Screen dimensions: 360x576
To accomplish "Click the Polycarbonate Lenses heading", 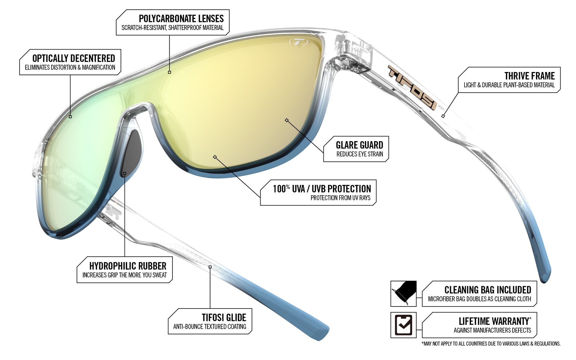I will pyautogui.click(x=181, y=19).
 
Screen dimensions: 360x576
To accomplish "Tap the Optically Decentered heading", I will pyautogui.click(x=74, y=58).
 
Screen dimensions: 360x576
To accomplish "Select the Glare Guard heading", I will pyautogui.click(x=359, y=145).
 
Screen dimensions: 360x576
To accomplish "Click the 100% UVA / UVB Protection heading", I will pyautogui.click(x=322, y=189).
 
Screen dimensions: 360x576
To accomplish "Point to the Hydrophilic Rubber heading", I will pyautogui.click(x=128, y=266).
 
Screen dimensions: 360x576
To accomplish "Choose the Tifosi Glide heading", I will pyautogui.click(x=224, y=317).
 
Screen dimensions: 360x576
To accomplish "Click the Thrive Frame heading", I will pyautogui.click(x=530, y=76).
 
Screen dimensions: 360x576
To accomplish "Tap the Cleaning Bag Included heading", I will pyautogui.click(x=487, y=290).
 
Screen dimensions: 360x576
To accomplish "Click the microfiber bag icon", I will pyautogui.click(x=404, y=293).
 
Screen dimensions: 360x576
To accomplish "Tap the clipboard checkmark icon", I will pyautogui.click(x=404, y=325).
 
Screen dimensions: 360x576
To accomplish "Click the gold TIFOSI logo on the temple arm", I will pyautogui.click(x=412, y=87).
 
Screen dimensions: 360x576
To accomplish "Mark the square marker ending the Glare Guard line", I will pyautogui.click(x=287, y=120).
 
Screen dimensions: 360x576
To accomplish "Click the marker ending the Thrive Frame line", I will pyautogui.click(x=443, y=116).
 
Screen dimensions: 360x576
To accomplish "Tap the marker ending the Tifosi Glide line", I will pyautogui.click(x=210, y=267).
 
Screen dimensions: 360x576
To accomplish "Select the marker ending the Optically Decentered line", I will pyautogui.click(x=70, y=117).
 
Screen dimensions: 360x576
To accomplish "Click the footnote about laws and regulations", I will pyautogui.click(x=491, y=344).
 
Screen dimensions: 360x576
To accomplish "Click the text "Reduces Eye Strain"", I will pyautogui.click(x=359, y=154).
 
